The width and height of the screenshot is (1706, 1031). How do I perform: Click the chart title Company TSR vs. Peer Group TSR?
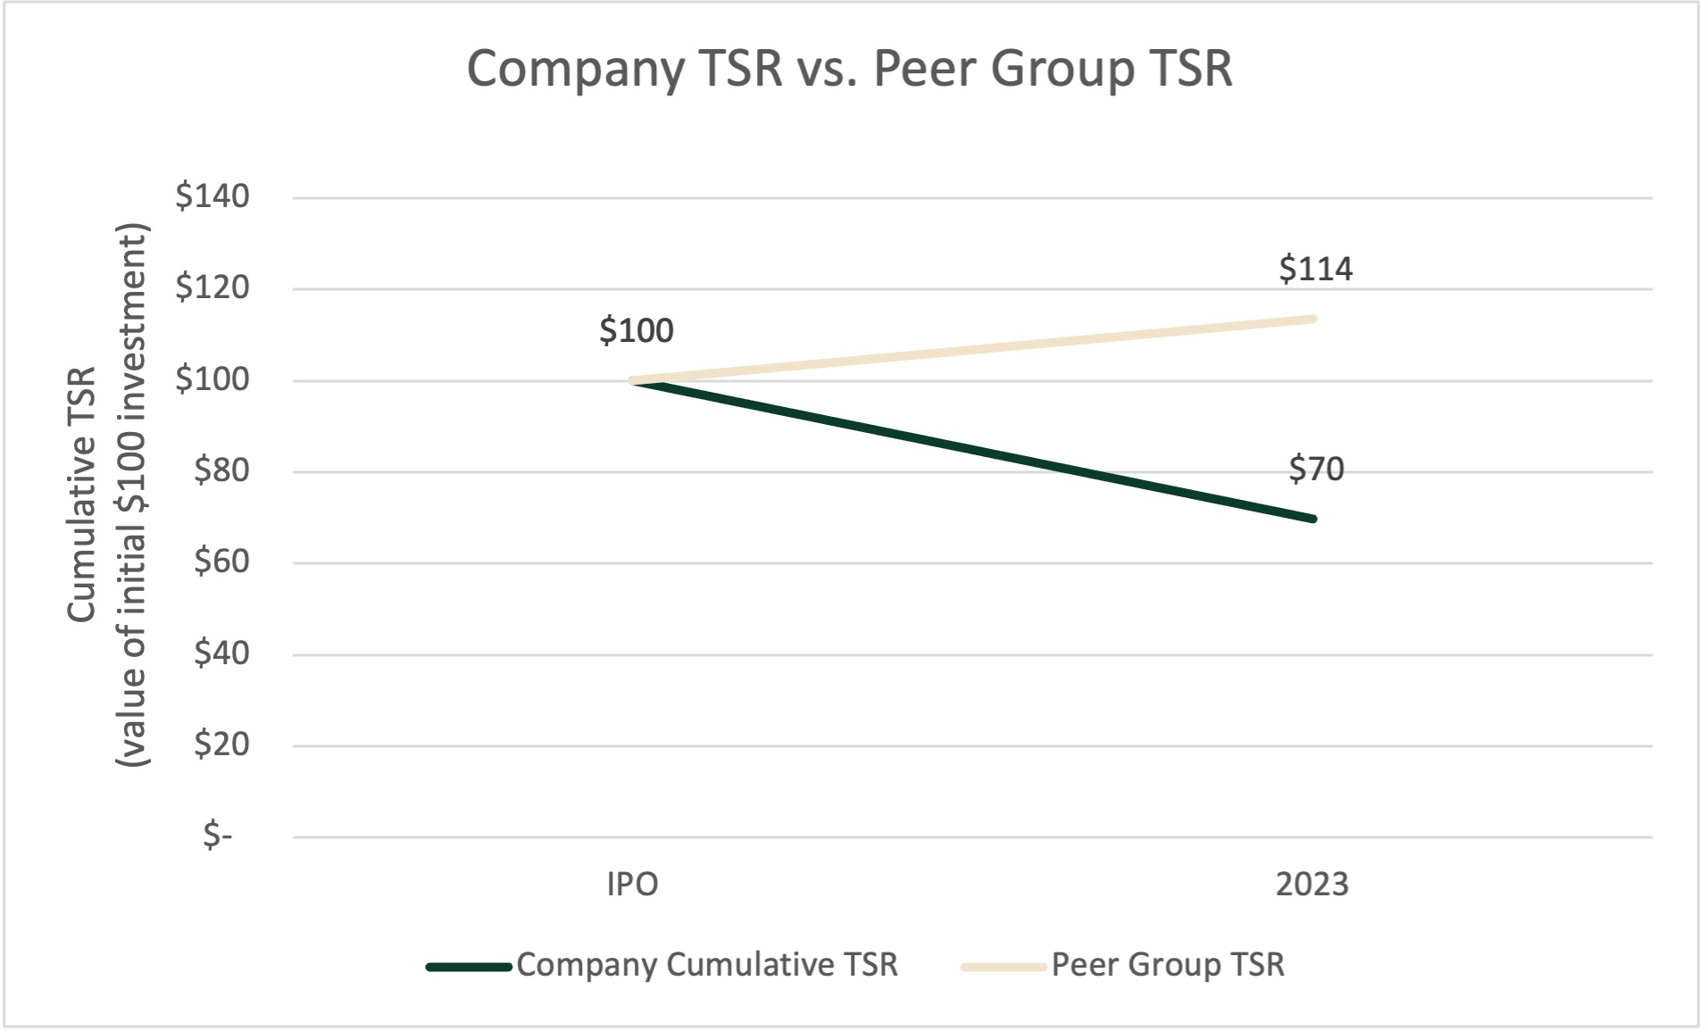click(849, 69)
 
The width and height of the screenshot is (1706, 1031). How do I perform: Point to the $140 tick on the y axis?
click(212, 196)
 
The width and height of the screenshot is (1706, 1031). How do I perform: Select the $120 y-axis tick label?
click(212, 288)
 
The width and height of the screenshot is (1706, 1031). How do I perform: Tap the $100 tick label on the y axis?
click(212, 380)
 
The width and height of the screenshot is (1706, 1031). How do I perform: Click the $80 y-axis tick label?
click(221, 471)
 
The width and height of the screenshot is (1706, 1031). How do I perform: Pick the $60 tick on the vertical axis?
click(221, 562)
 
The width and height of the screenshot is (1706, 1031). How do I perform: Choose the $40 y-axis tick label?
click(221, 654)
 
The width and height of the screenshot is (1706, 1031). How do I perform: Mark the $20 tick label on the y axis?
click(221, 745)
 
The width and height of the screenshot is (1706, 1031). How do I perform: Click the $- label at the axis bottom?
click(218, 836)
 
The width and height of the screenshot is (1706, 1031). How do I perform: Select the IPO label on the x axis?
click(632, 885)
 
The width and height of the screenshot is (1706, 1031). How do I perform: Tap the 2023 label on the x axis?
click(1311, 885)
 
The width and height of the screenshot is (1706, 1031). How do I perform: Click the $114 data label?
click(1316, 269)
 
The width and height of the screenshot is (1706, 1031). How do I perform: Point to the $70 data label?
click(1316, 469)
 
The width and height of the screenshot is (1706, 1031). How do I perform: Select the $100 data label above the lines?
click(636, 331)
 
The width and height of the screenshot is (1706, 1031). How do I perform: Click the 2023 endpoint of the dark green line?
click(1312, 519)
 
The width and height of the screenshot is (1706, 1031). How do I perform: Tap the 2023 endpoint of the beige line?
click(1312, 319)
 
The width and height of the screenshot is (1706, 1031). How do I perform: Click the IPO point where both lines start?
click(633, 380)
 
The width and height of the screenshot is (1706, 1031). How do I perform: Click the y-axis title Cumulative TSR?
click(82, 495)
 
